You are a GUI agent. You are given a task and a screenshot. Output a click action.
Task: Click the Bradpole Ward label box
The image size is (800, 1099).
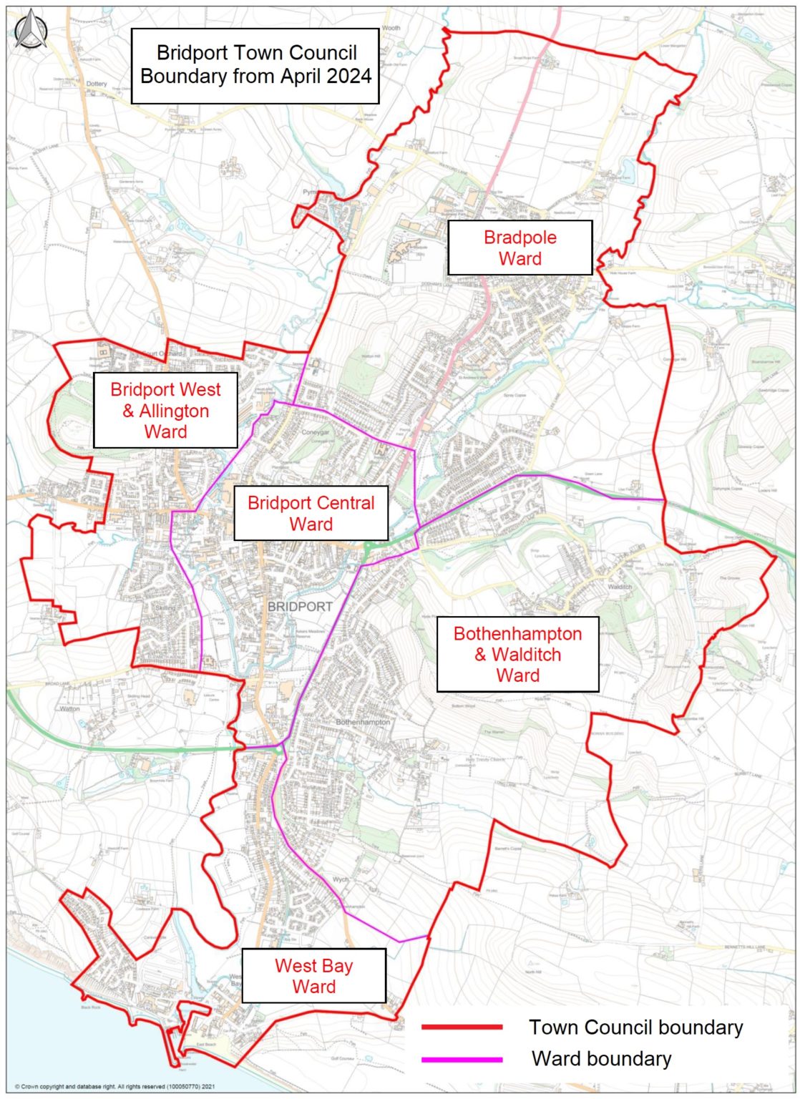pos(519,248)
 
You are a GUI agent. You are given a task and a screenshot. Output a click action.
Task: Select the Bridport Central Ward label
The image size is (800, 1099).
pos(311,513)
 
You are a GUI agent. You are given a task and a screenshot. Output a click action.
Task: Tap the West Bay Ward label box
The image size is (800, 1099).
pos(313,976)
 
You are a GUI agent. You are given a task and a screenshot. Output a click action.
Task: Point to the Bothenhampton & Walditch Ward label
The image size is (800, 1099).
pos(517,654)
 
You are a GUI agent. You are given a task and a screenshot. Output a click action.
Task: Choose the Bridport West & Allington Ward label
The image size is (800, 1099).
pos(165,410)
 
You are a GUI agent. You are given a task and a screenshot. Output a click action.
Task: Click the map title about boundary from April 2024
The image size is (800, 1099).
pos(255,64)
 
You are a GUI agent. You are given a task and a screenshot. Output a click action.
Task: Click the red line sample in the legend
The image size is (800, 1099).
pos(462,1027)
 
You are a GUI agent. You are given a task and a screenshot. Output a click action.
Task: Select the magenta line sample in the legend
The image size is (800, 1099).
pos(462,1059)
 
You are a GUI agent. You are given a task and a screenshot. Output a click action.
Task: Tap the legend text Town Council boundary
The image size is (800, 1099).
pos(635,1027)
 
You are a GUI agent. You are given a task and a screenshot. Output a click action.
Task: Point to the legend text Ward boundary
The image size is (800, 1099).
pos(601,1059)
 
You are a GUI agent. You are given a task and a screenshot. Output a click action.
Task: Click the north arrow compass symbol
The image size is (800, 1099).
pos(31,32)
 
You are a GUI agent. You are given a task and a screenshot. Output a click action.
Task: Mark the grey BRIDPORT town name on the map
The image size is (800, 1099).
pos(300,606)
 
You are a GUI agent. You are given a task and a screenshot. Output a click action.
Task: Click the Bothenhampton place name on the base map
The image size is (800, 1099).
pos(363,722)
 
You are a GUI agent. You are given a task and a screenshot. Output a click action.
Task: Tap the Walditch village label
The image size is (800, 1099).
pos(620,587)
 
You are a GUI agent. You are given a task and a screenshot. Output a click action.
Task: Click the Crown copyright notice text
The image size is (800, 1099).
pos(114,1086)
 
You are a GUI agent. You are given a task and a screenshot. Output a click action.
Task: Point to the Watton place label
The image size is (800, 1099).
pos(69,709)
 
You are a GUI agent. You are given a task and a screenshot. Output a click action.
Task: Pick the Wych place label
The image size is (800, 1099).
pos(341,879)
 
